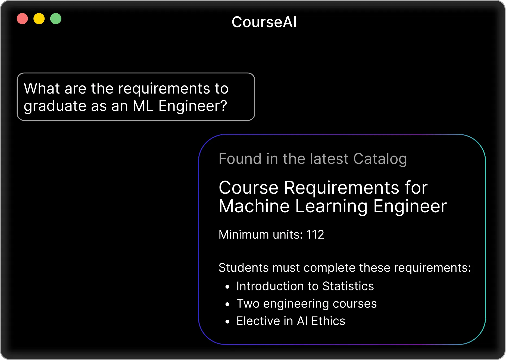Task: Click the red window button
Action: pos(22,19)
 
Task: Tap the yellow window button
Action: pos(39,19)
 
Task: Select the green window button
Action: pos(56,19)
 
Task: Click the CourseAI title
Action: pos(264,22)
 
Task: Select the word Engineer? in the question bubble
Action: pos(193,106)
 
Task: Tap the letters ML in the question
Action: pos(143,106)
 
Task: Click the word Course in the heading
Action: pos(249,188)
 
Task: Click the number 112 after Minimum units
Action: pos(315,234)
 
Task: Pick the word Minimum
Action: pos(244,234)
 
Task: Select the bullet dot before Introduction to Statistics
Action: pos(227,287)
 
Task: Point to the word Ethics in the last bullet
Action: pos(328,321)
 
